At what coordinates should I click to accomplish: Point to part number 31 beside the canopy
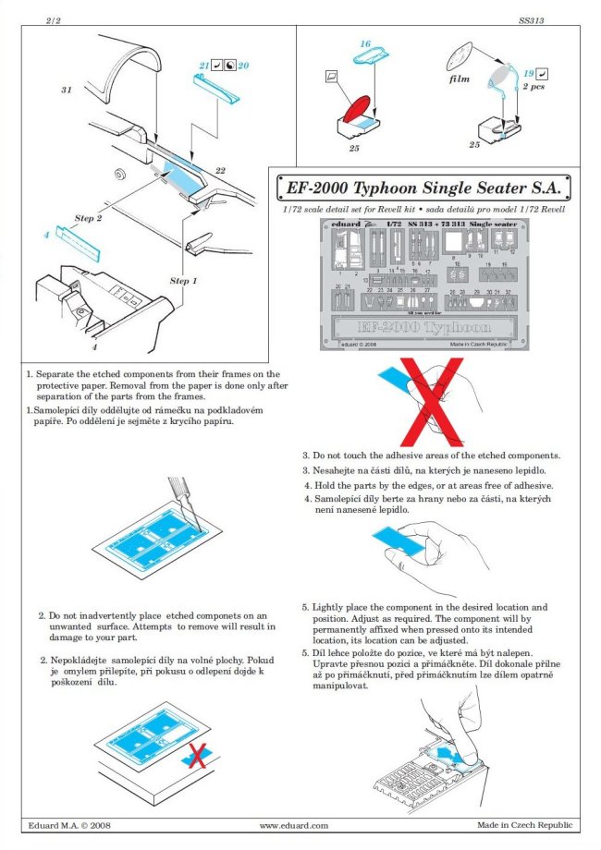point(67,91)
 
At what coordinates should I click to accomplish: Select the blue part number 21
point(203,66)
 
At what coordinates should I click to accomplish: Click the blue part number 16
point(365,44)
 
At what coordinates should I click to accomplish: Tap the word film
point(460,79)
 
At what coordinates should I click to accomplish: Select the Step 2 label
point(88,218)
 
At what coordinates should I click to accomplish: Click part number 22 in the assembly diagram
point(221,170)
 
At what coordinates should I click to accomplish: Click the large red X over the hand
point(418,402)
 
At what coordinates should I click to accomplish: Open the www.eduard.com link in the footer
point(294,825)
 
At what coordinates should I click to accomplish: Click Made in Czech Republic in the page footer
point(524,825)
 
